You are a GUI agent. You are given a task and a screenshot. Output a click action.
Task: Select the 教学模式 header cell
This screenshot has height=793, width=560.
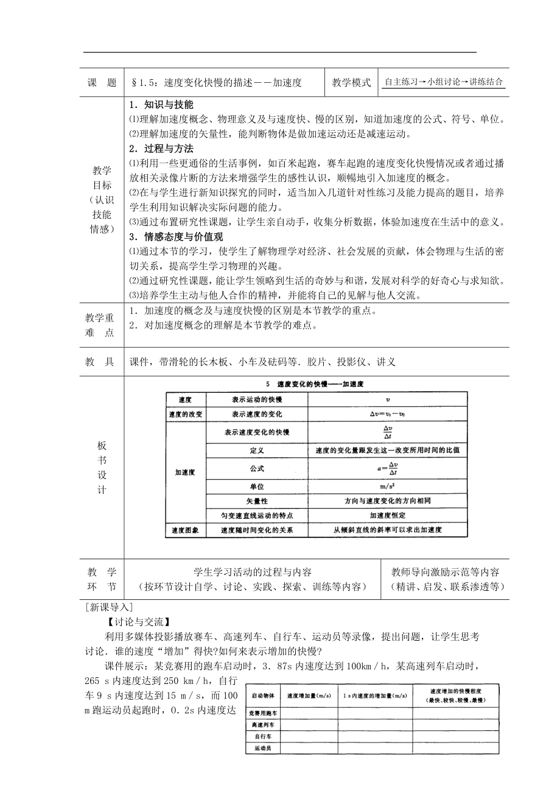[351, 83]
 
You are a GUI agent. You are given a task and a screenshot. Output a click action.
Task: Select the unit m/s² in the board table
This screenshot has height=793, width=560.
[387, 486]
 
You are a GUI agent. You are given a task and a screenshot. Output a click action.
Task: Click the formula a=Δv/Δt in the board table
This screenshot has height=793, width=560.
[387, 470]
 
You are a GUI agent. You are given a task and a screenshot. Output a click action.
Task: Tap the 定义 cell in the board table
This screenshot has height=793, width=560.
[256, 451]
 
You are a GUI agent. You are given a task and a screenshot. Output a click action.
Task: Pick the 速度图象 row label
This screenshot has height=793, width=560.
[186, 530]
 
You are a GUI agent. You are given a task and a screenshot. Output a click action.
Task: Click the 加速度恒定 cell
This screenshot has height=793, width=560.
[387, 515]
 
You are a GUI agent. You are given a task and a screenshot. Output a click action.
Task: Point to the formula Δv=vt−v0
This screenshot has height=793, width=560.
[387, 414]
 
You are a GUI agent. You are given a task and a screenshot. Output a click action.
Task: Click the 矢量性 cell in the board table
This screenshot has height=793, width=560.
[256, 501]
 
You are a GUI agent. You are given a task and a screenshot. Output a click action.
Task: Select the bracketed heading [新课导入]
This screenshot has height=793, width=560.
[110, 607]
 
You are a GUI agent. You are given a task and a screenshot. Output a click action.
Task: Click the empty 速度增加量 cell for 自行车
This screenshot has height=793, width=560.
[309, 736]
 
